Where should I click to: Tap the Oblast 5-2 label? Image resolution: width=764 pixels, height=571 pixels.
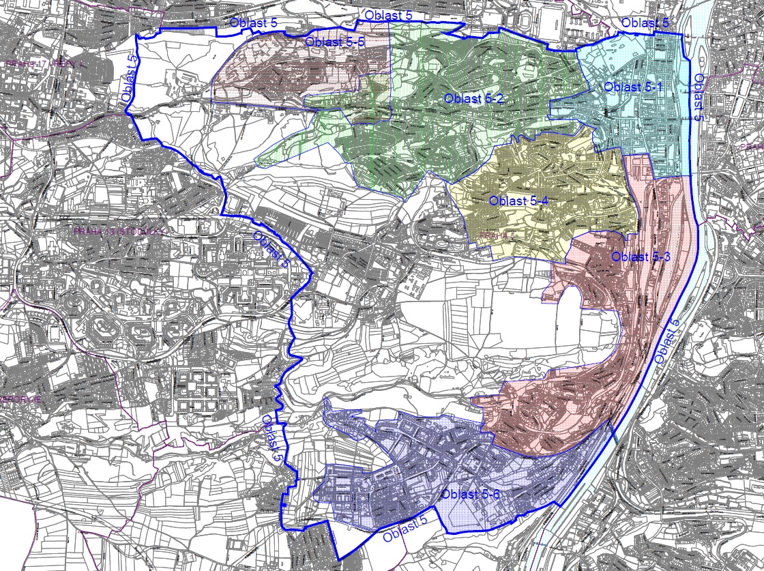point(473,98)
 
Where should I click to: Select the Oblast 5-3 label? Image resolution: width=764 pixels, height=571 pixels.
point(641,257)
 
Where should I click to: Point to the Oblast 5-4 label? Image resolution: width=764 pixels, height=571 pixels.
point(519,201)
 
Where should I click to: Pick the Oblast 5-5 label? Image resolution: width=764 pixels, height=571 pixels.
point(336,43)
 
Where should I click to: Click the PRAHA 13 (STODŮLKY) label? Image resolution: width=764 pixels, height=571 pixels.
point(120,232)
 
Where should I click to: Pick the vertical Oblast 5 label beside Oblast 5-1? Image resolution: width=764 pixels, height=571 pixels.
point(699,98)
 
